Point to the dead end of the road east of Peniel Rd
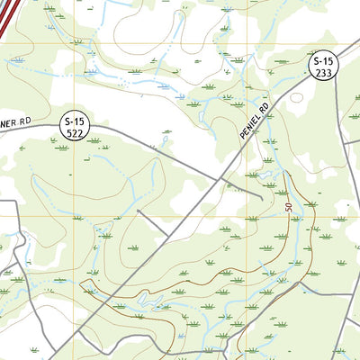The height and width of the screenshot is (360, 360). coord(263,195)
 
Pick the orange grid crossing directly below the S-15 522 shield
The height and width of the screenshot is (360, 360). coord(67,216)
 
